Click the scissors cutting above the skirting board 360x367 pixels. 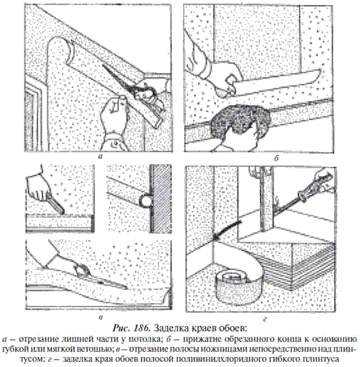pyautogui.click(x=101, y=276)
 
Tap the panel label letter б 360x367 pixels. pyautogui.click(x=276, y=158)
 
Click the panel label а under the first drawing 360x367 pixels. pyautogui.click(x=100, y=157)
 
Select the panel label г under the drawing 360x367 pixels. pyautogui.click(x=265, y=319)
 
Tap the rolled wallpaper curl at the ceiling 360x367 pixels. pyautogui.click(x=60, y=52)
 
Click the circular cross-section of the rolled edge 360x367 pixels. pyautogui.click(x=145, y=199)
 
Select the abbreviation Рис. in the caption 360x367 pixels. pyautogui.click(x=122, y=327)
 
